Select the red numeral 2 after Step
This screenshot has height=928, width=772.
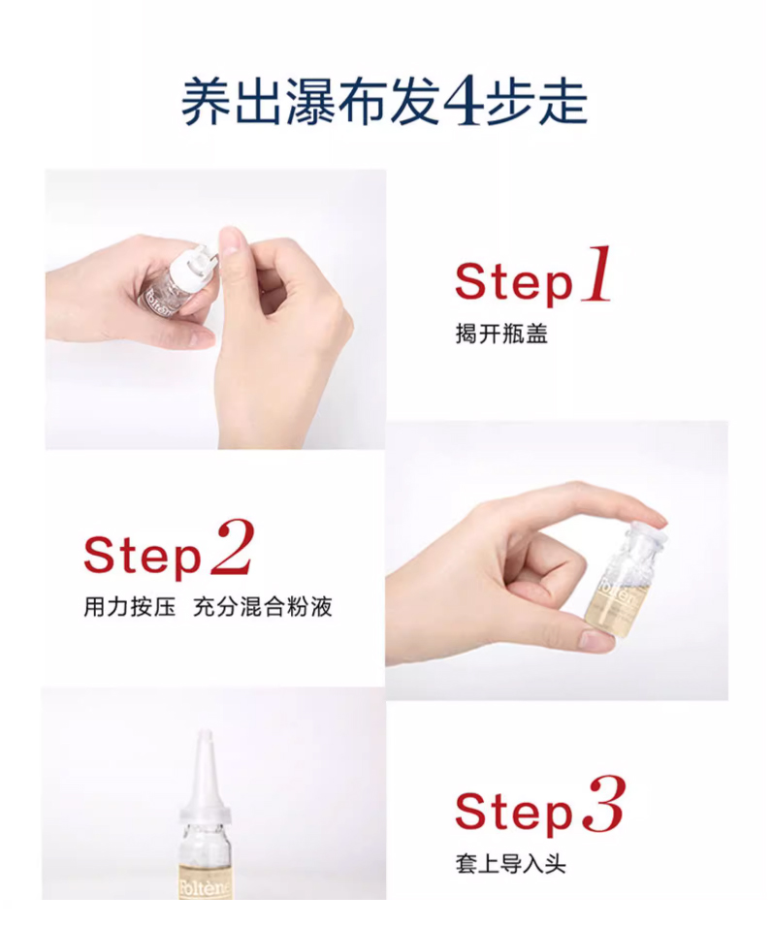233,548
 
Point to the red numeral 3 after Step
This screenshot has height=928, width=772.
604,804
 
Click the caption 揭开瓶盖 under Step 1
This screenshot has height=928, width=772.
501,334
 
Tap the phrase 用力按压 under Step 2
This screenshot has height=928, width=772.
130,607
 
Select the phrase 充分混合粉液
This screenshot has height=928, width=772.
262,607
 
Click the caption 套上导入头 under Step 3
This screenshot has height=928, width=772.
510,863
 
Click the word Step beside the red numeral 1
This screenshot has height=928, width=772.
514,283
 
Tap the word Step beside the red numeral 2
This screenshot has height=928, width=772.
143,557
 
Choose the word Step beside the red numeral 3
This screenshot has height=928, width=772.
514,812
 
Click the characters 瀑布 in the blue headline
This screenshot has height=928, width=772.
338,101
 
